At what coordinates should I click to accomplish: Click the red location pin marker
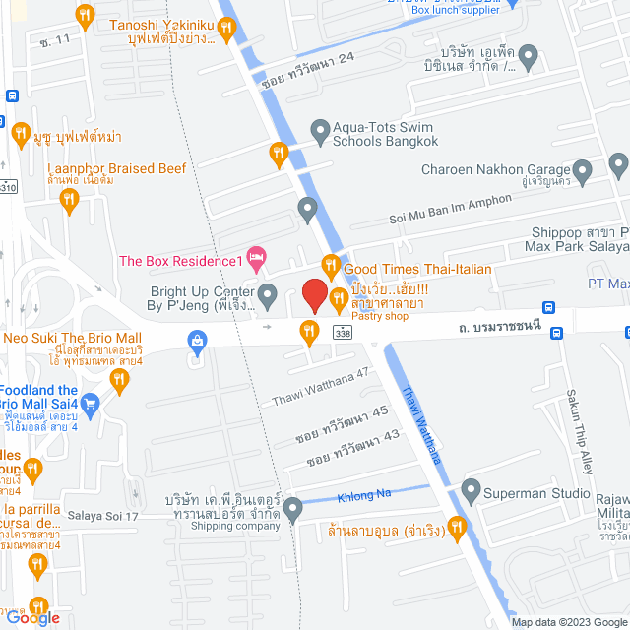(314, 295)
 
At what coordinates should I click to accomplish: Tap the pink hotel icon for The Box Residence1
(256, 260)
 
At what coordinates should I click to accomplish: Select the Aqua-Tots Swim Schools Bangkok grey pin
(319, 129)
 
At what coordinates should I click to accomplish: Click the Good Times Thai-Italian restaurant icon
(330, 267)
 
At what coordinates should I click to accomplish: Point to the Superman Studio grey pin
(470, 489)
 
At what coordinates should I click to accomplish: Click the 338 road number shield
(341, 335)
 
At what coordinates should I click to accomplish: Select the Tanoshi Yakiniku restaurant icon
(85, 16)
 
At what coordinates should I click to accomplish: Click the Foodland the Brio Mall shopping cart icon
(91, 402)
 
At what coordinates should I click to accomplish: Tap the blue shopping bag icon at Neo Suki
(198, 341)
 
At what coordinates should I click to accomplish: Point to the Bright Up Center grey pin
(268, 292)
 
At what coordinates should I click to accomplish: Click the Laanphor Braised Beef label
(116, 168)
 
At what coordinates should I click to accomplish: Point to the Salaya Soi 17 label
(106, 516)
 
